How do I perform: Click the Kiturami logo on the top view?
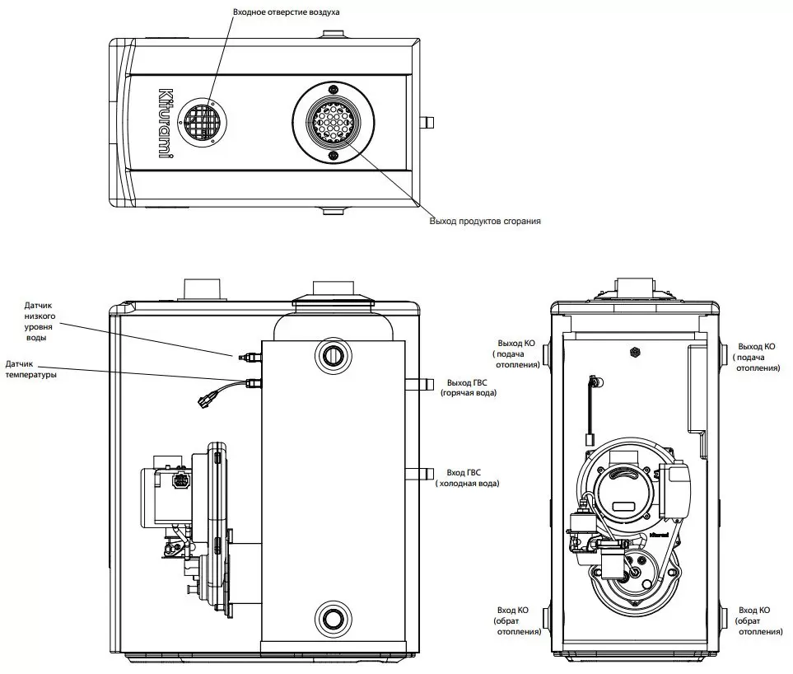pyautogui.click(x=166, y=123)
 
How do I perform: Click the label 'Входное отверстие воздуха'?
pyautogui.click(x=287, y=12)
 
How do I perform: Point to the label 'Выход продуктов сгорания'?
pyautogui.click(x=485, y=221)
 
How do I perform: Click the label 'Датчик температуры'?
pyautogui.click(x=30, y=369)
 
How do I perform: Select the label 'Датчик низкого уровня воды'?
pyautogui.click(x=40, y=321)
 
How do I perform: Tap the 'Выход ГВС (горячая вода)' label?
pyautogui.click(x=469, y=387)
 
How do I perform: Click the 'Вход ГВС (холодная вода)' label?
pyautogui.click(x=467, y=478)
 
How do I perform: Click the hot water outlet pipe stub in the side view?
pyautogui.click(x=420, y=383)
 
